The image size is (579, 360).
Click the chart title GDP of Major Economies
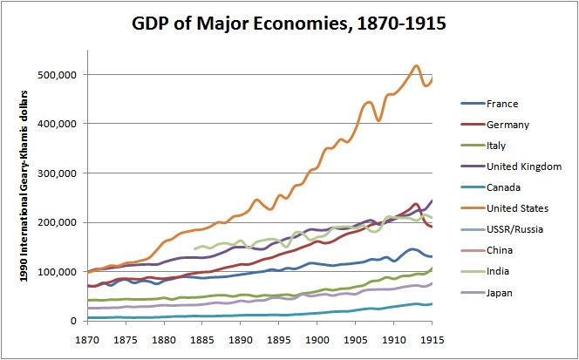click(x=289, y=24)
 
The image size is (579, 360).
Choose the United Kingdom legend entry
click(x=523, y=166)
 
